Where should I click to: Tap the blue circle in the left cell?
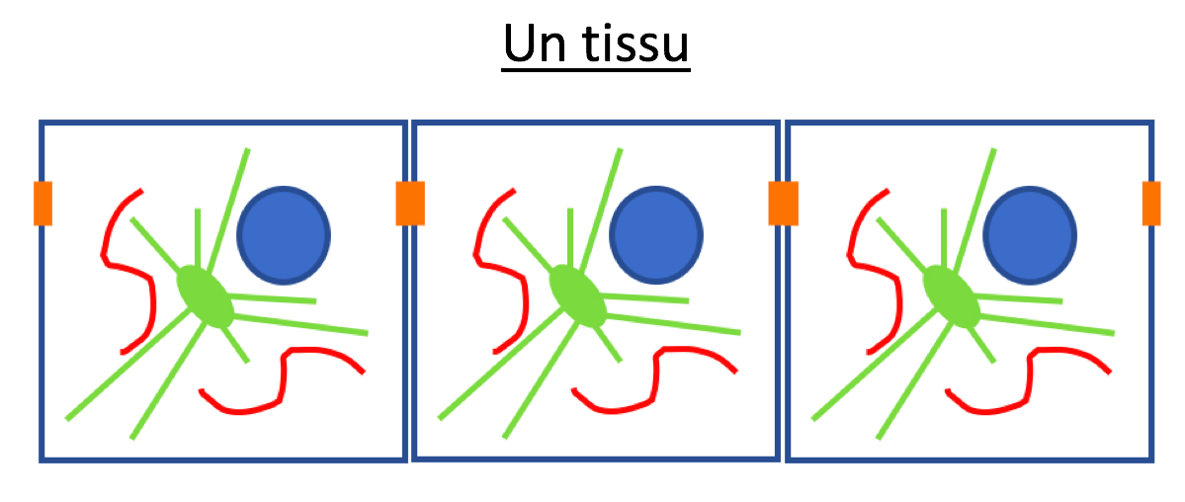[285, 235]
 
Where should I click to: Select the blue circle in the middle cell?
[656, 235]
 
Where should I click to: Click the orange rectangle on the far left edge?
[43, 204]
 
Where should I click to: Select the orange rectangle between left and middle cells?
[410, 204]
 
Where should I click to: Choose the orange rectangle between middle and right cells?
[783, 204]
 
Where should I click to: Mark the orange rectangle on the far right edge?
[1151, 204]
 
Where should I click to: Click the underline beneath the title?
[596, 71]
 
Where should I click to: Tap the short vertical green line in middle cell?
[570, 237]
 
